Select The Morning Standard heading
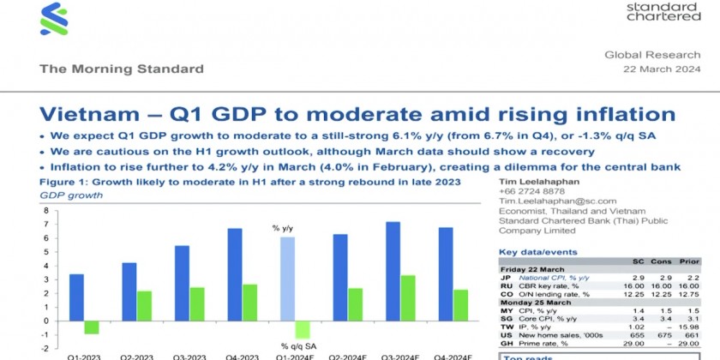[x=122, y=69]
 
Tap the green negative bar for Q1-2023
[x=91, y=327]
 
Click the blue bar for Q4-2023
[x=235, y=274]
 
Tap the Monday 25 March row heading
[x=531, y=303]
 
